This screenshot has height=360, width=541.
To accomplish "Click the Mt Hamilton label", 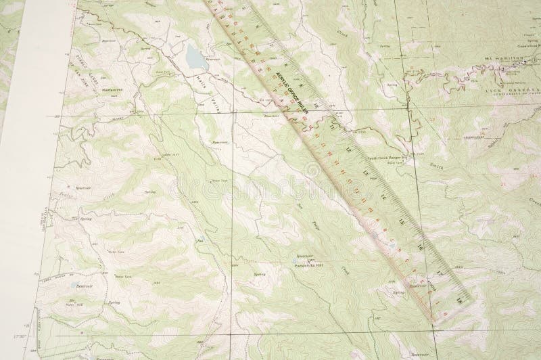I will pos(503,60).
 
